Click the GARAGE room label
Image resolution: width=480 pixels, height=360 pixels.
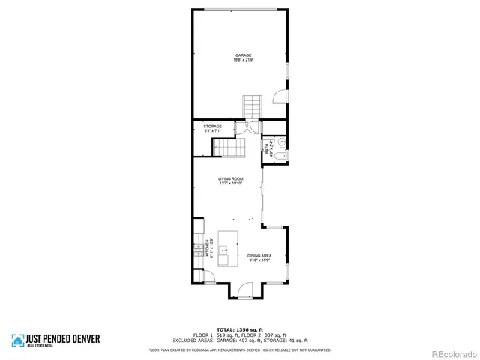(x=243, y=55)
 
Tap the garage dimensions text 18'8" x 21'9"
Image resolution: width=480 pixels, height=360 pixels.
(x=243, y=60)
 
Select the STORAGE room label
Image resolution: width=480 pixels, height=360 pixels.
(x=212, y=127)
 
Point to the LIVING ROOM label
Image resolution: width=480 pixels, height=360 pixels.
(x=231, y=178)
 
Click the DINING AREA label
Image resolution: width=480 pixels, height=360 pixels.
(x=259, y=256)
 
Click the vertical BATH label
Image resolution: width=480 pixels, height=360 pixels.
(x=267, y=149)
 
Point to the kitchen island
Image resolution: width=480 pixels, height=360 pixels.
(x=228, y=248)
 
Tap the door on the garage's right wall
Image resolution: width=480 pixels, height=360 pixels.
(x=278, y=97)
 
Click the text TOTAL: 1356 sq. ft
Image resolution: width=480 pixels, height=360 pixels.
(x=239, y=329)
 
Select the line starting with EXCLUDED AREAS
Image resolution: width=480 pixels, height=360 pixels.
(x=239, y=340)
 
